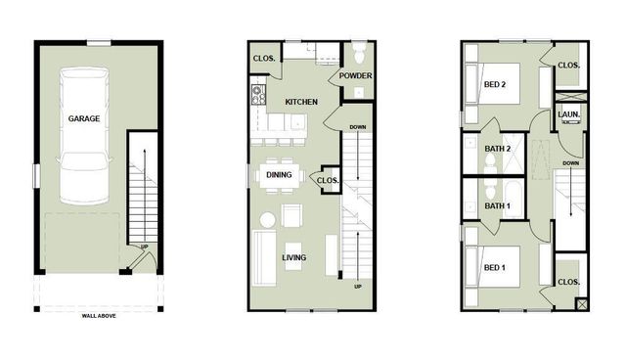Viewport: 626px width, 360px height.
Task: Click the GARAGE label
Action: pyautogui.click(x=83, y=118)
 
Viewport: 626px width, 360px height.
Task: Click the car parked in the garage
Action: pyautogui.click(x=84, y=147)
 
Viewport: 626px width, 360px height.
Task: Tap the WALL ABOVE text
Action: pyautogui.click(x=99, y=317)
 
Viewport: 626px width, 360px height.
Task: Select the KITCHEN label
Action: pyautogui.click(x=301, y=102)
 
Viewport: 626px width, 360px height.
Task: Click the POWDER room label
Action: pyautogui.click(x=355, y=75)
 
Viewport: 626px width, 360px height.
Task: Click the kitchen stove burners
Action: pyautogui.click(x=259, y=95)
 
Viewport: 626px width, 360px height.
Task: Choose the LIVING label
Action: pyautogui.click(x=293, y=257)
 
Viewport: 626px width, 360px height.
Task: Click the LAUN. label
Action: pyautogui.click(x=568, y=114)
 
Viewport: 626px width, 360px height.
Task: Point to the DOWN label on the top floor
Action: pyautogui.click(x=571, y=163)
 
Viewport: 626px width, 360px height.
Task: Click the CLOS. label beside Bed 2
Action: pyautogui.click(x=568, y=66)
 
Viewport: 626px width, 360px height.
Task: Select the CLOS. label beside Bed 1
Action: pyautogui.click(x=568, y=282)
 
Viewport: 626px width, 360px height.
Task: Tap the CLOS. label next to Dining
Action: pyautogui.click(x=328, y=180)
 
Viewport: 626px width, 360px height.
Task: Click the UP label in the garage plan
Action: pyautogui.click(x=145, y=247)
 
